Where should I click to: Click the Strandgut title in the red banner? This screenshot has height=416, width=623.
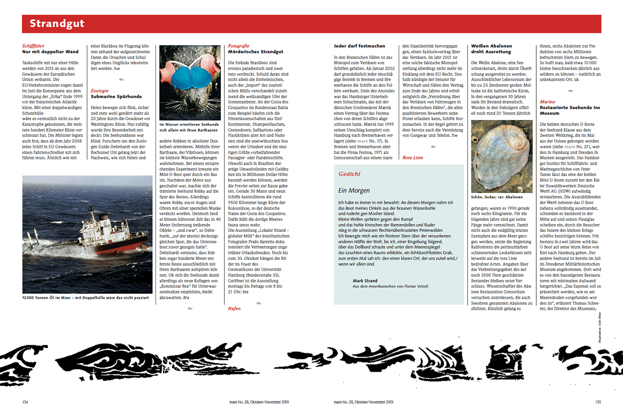point(57,24)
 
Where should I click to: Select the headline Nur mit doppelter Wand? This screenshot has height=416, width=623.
point(50,52)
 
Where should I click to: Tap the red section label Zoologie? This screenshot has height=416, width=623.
point(99,91)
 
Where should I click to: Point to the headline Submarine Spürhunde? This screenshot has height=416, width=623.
point(116,96)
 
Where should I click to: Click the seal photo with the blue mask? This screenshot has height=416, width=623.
point(190,82)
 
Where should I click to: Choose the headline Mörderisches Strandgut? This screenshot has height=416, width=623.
point(255,52)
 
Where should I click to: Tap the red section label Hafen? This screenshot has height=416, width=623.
point(234,308)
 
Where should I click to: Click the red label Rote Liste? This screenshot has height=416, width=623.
point(413,158)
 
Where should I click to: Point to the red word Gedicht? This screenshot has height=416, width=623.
point(349,174)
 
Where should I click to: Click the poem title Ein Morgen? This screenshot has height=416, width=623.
point(354,190)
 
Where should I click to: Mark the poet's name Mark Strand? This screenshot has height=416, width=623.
point(364,280)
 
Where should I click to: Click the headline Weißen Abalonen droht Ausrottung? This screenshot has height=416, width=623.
point(491,49)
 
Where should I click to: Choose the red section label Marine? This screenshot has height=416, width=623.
point(547,102)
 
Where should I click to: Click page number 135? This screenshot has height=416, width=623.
point(598,402)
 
